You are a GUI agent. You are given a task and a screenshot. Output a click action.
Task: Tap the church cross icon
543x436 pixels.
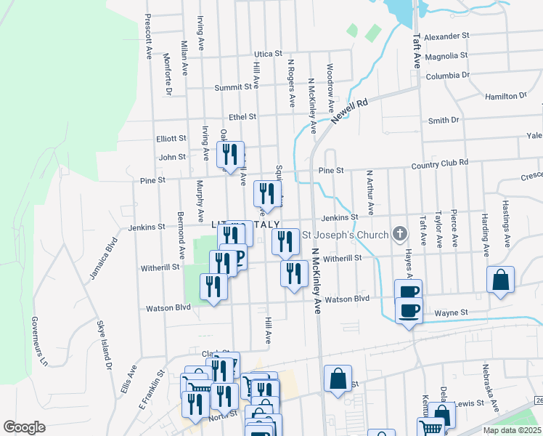tap(399, 234)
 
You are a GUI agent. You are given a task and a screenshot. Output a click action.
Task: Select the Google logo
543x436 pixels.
tap(24, 427)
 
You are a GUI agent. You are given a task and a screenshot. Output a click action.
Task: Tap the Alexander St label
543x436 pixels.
tap(446, 36)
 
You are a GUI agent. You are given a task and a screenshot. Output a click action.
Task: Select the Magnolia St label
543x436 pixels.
tap(447, 56)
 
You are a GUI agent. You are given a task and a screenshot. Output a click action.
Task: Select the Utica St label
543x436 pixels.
tap(267, 54)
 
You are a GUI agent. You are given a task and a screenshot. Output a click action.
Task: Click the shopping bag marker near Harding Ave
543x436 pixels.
tap(501, 281)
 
